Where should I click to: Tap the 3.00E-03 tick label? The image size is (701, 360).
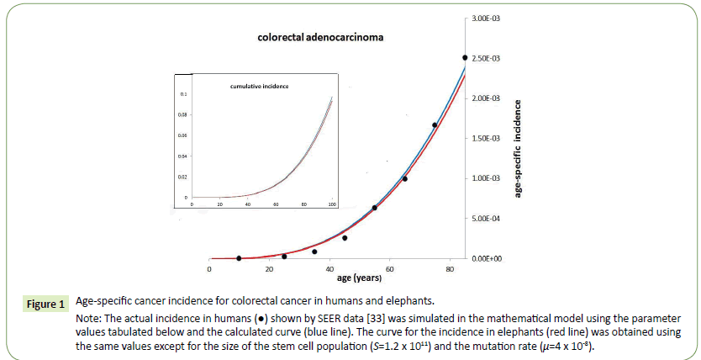click(487, 19)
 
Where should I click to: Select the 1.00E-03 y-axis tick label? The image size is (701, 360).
click(487, 178)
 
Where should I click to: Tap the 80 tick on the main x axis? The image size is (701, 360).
click(450, 269)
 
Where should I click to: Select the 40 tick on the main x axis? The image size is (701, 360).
click(329, 269)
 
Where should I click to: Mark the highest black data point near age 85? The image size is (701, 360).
click(465, 57)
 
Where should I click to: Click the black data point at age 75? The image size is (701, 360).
click(435, 125)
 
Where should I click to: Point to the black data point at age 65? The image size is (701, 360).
click(404, 178)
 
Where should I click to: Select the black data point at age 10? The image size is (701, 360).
click(239, 258)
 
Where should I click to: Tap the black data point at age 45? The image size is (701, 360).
click(345, 238)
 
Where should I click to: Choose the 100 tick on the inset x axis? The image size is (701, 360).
click(332, 204)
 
